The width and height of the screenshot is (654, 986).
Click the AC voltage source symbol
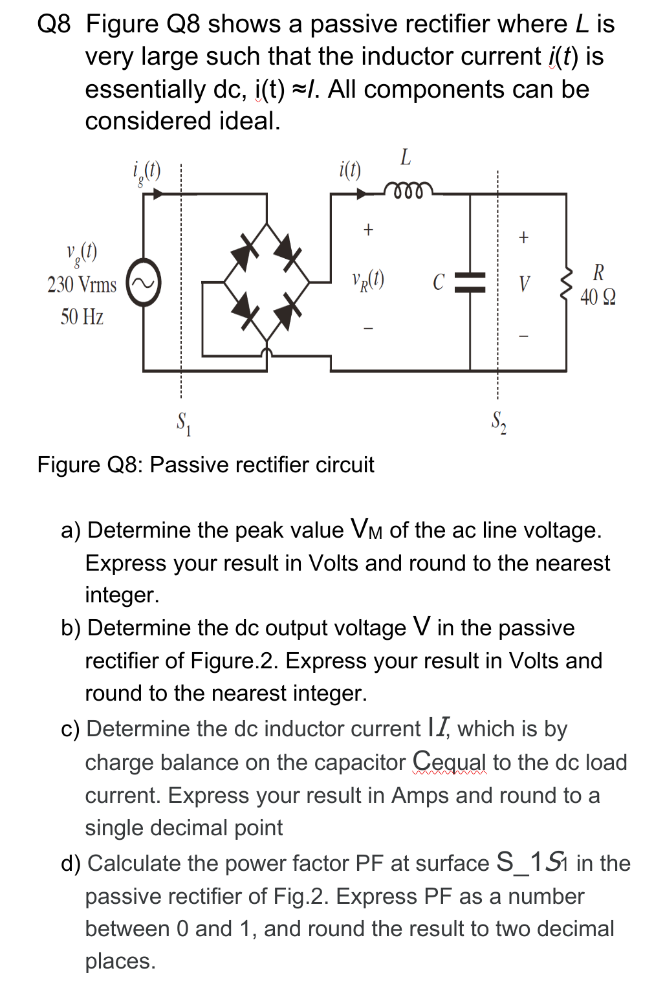[143, 283]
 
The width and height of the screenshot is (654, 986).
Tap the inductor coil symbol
[406, 191]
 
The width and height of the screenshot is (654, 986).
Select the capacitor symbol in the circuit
[470, 282]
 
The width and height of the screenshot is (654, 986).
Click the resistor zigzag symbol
[567, 283]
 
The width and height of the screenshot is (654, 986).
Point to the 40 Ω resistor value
[598, 297]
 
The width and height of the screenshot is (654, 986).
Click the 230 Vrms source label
[82, 285]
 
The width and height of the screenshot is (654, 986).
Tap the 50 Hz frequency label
[82, 317]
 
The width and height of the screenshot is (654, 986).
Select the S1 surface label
[184, 423]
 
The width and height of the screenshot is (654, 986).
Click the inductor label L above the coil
[406, 157]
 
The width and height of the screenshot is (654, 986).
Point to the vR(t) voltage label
[368, 280]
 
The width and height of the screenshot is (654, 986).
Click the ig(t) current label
[146, 171]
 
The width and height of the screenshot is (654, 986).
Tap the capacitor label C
[439, 282]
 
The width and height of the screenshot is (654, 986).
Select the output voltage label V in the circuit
[524, 283]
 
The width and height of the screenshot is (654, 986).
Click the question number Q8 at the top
[54, 25]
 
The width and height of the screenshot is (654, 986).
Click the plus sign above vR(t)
[368, 229]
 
